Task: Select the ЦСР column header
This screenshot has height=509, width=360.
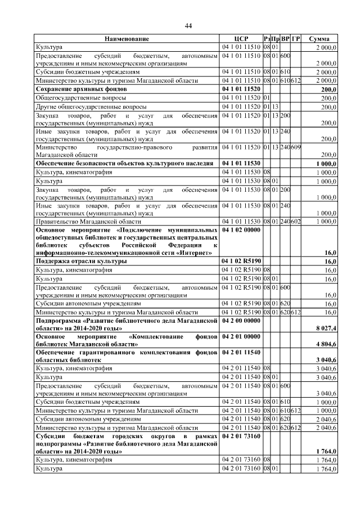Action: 241,39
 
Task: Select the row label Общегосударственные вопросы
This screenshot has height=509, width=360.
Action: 74,98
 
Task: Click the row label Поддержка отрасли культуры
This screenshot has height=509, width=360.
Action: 81,262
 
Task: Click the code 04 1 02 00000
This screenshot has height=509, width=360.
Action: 241,231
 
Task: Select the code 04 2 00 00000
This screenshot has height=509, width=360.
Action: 241,319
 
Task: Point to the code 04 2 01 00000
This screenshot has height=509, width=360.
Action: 241,336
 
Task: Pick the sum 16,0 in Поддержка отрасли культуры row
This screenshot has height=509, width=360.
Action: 330,262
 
